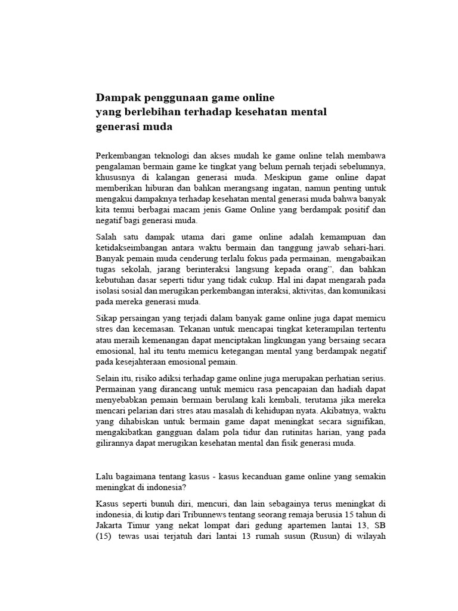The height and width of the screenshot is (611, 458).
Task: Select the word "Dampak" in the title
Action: pyautogui.click(x=117, y=97)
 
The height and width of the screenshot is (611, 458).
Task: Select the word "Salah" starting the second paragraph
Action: pyautogui.click(x=107, y=236)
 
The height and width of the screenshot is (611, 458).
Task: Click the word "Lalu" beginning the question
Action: pyautogui.click(x=104, y=476)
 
